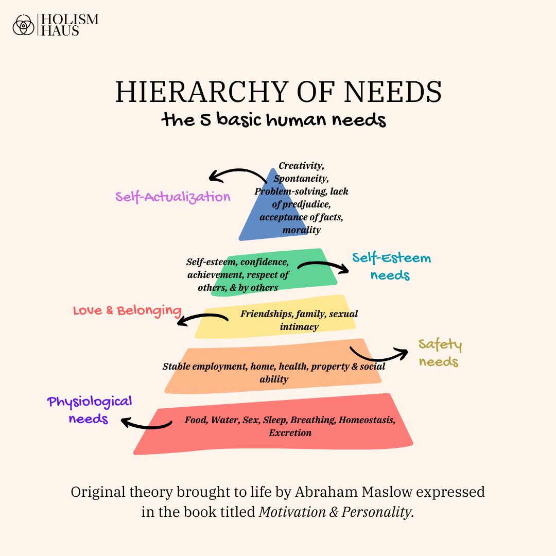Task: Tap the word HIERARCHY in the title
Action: click(x=193, y=92)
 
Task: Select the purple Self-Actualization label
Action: click(x=173, y=197)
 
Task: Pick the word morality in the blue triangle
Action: click(x=302, y=230)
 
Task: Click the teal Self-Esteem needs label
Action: click(x=391, y=266)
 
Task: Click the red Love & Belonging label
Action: click(x=127, y=311)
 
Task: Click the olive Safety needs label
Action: click(x=439, y=353)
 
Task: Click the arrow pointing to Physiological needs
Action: click(x=146, y=424)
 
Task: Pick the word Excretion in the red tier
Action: click(x=290, y=432)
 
